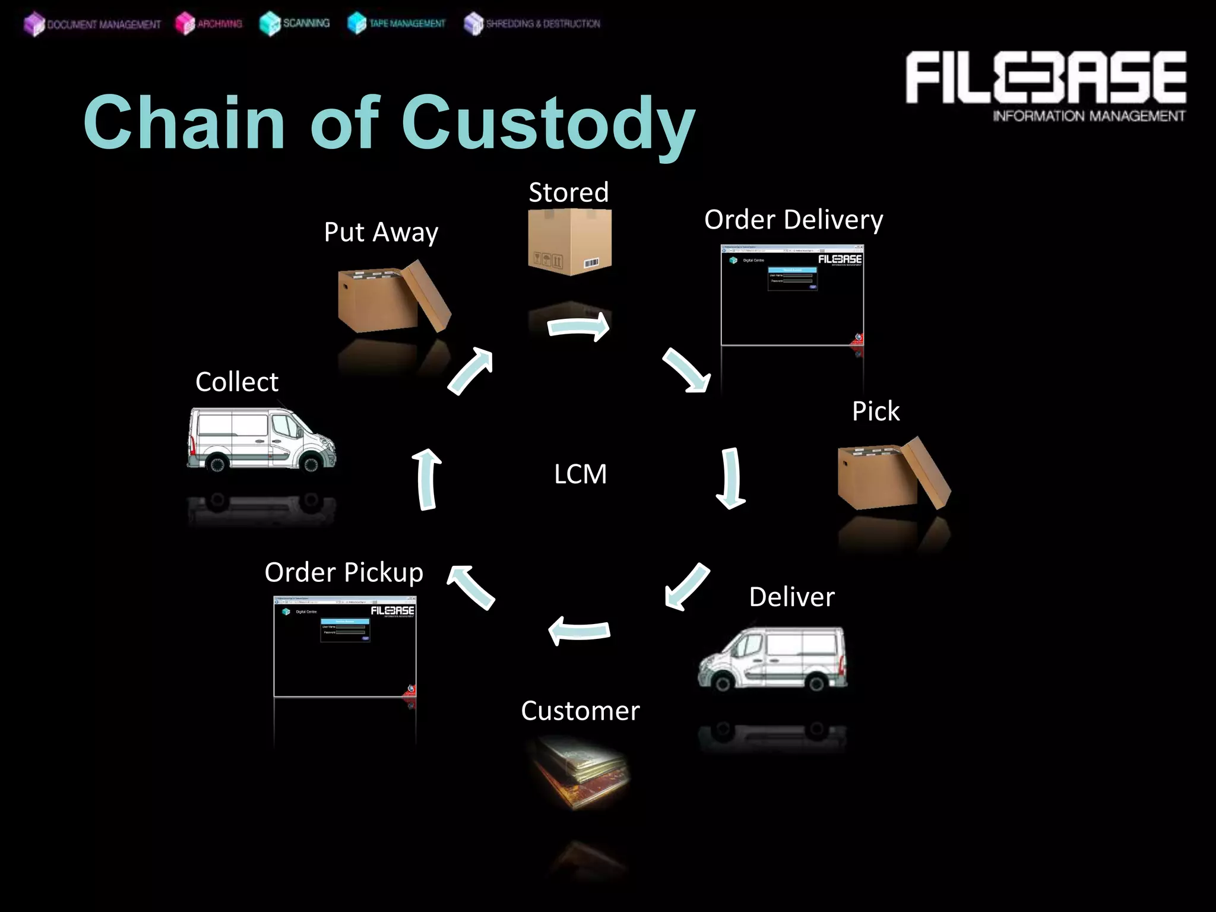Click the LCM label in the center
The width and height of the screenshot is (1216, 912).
[x=580, y=474]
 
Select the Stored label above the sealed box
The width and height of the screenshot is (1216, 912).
[x=568, y=192]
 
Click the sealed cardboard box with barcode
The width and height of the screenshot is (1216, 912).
[x=569, y=242]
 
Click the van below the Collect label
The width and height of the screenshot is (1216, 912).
[x=261, y=439]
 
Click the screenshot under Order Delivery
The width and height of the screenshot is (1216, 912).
[x=792, y=294]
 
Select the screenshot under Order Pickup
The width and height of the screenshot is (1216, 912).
[x=344, y=646]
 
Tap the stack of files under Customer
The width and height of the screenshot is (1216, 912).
[x=579, y=772]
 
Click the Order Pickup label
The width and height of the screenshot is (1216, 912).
[x=344, y=572]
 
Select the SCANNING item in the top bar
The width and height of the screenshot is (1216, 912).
[x=295, y=23]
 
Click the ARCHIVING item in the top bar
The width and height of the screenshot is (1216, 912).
[x=209, y=24]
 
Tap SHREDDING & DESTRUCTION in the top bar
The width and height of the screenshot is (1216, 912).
[x=532, y=24]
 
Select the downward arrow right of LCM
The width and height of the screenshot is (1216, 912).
[x=731, y=478]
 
